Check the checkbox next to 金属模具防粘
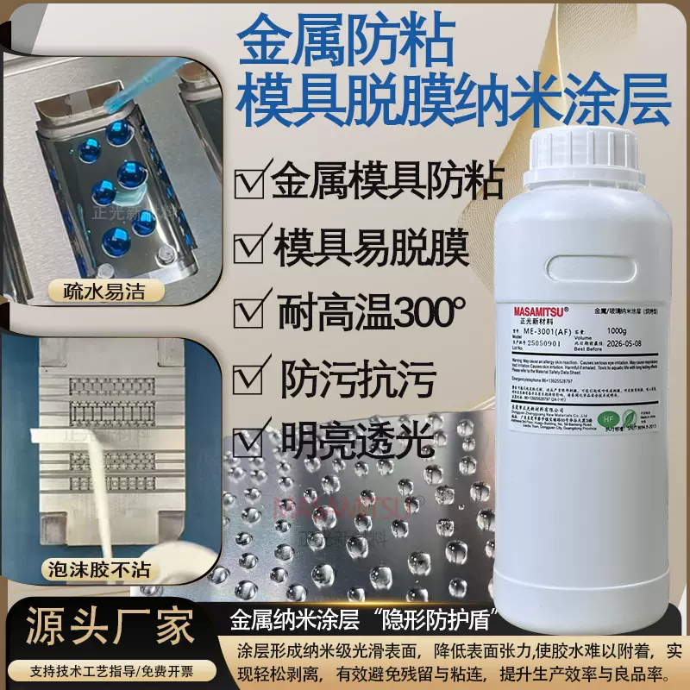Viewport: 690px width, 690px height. click(x=249, y=183)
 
